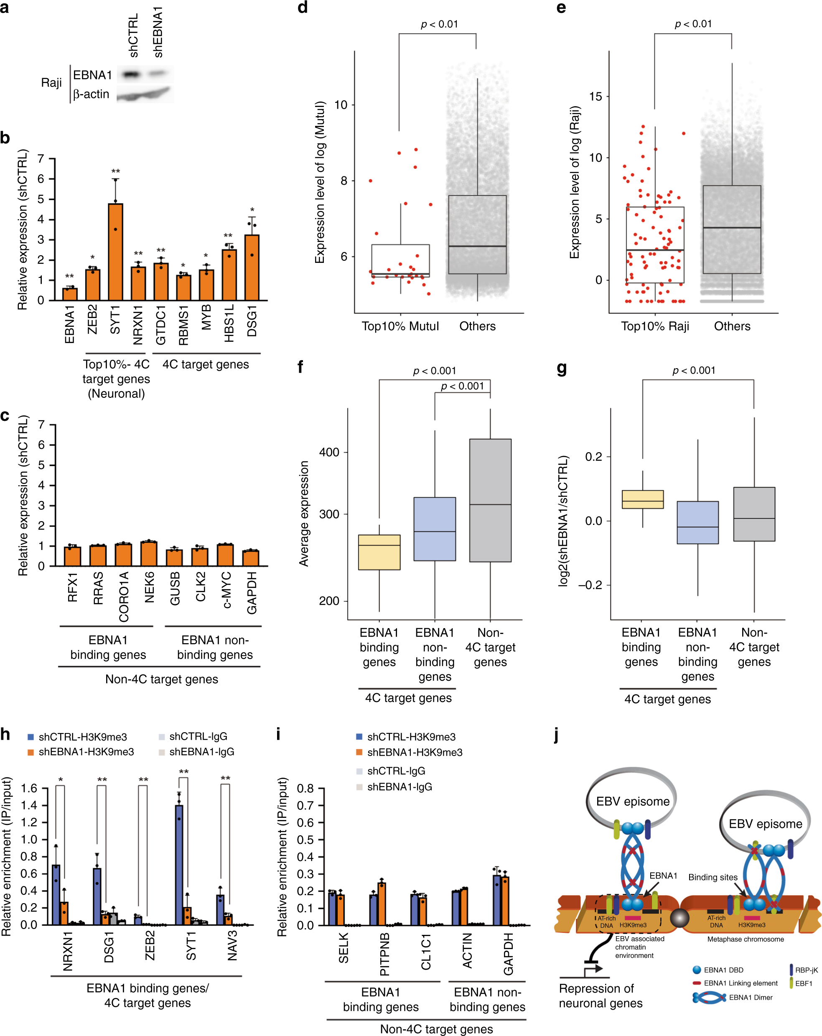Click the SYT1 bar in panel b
pyautogui.click(x=115, y=252)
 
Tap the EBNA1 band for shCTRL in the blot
pyautogui.click(x=131, y=74)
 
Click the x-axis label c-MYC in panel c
pyautogui.click(x=226, y=590)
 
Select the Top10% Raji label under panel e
pyautogui.click(x=654, y=326)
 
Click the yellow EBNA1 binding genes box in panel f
pyautogui.click(x=379, y=552)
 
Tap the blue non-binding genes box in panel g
pyautogui.click(x=697, y=522)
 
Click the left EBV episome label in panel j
pyautogui.click(x=632, y=801)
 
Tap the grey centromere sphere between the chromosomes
pyautogui.click(x=679, y=918)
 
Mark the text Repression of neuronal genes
pyautogui.click(x=601, y=995)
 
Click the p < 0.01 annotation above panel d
pyautogui.click(x=439, y=25)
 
